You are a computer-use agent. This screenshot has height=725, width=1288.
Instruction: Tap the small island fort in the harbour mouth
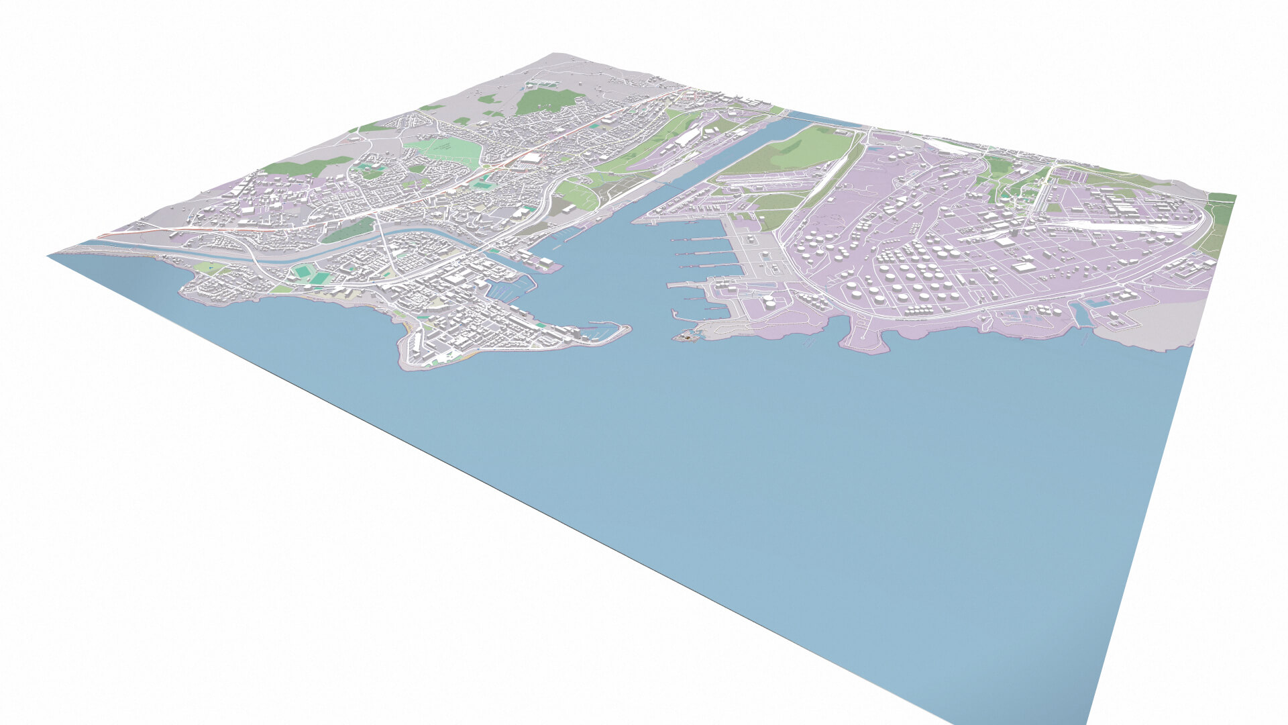[684, 336]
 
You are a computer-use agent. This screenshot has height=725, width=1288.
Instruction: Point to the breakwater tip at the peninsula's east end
[627, 329]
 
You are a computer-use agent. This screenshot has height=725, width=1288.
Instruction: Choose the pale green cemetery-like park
[443, 148]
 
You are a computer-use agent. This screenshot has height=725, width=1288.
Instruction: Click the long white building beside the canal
[687, 138]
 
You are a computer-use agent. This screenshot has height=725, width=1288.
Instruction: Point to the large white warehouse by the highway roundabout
[533, 158]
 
